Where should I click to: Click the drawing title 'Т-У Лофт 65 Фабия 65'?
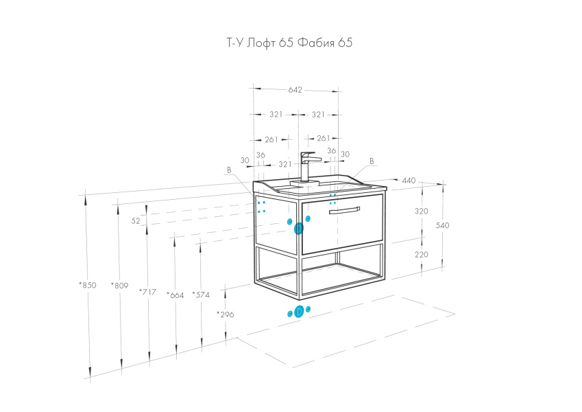(289, 43)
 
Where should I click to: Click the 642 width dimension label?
(295, 90)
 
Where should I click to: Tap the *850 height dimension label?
(88, 285)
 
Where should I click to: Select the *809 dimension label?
(119, 286)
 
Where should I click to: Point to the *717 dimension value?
(147, 292)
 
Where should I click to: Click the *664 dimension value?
(175, 295)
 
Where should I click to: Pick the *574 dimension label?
(201, 295)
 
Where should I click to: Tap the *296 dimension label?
(226, 314)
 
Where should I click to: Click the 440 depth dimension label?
(409, 181)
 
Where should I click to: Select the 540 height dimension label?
(442, 225)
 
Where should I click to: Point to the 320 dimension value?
(422, 211)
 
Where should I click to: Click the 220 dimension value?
(422, 255)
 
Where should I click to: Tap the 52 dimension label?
(136, 221)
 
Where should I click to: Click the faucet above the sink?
(306, 167)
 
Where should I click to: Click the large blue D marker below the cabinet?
(299, 312)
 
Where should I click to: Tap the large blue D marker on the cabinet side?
(298, 229)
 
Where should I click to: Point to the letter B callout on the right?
(372, 161)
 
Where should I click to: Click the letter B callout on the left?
(229, 170)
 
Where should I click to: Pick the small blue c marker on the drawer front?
(308, 218)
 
